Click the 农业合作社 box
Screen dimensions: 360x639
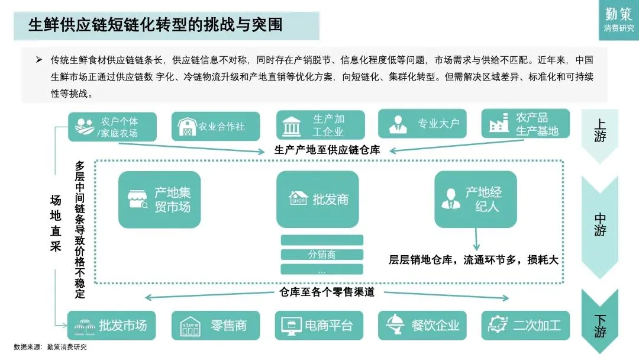[x=216, y=126]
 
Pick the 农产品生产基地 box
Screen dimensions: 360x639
[x=525, y=124]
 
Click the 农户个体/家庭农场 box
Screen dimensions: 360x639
[x=112, y=127]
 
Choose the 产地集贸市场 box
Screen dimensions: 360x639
[x=159, y=200]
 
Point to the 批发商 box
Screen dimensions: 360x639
[x=317, y=199]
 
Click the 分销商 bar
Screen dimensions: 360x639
[x=321, y=255]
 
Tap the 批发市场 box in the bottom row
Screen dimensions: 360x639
[x=111, y=325]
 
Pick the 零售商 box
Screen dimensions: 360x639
[x=215, y=325]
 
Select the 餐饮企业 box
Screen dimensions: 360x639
[x=422, y=325]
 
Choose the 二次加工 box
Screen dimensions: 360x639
[x=525, y=325]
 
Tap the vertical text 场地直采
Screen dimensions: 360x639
[x=55, y=224]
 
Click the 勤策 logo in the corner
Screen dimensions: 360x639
[x=618, y=19]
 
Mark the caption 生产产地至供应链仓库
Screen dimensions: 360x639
[x=327, y=150]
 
